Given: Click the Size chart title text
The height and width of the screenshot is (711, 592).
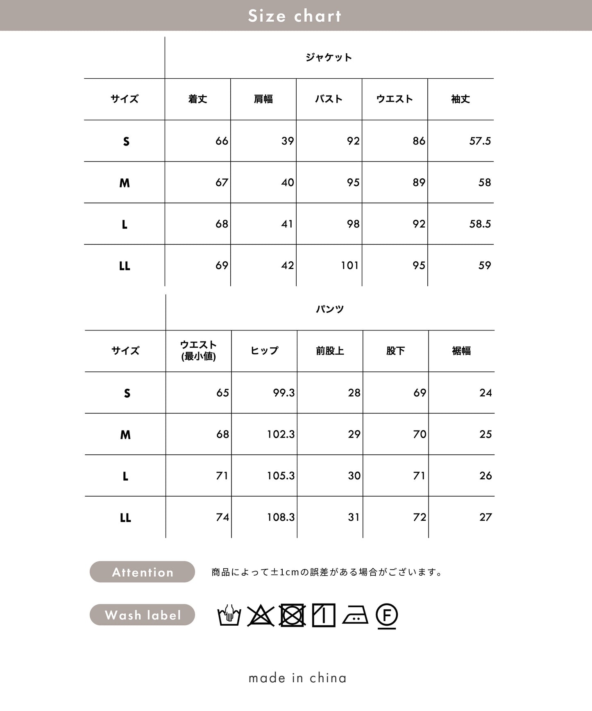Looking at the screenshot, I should [295, 16].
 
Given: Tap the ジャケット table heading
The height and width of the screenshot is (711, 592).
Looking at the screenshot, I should [329, 57].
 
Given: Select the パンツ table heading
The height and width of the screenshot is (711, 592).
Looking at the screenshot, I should [330, 309].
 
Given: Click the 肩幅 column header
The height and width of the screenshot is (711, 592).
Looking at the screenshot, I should [263, 99].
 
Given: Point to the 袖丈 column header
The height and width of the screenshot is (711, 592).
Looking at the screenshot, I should [460, 99].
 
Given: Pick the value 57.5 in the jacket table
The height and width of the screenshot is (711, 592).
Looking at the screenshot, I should [480, 141].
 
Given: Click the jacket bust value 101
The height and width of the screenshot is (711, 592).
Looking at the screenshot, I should [349, 266].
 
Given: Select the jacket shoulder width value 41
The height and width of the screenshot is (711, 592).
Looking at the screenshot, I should [287, 224].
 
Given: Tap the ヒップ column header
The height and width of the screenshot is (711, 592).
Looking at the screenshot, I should [264, 351].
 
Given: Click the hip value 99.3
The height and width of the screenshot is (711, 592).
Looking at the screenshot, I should [284, 393].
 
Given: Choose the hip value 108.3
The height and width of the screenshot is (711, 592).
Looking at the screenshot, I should [281, 517].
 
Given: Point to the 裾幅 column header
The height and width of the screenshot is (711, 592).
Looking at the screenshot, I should [461, 351].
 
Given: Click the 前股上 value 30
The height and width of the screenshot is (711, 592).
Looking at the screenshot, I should [354, 476].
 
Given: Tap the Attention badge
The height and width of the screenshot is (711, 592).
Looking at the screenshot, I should [142, 572].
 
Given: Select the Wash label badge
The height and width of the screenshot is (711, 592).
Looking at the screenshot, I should [142, 615].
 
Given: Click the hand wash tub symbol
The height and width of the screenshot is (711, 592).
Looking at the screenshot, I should [229, 615].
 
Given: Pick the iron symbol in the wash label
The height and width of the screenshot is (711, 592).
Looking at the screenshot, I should [355, 615].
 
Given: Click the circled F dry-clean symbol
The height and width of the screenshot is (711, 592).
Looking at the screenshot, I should [386, 615].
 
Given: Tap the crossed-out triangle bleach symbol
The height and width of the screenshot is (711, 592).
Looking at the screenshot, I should [261, 615].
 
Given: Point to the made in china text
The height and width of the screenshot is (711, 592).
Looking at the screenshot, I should [297, 678].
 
